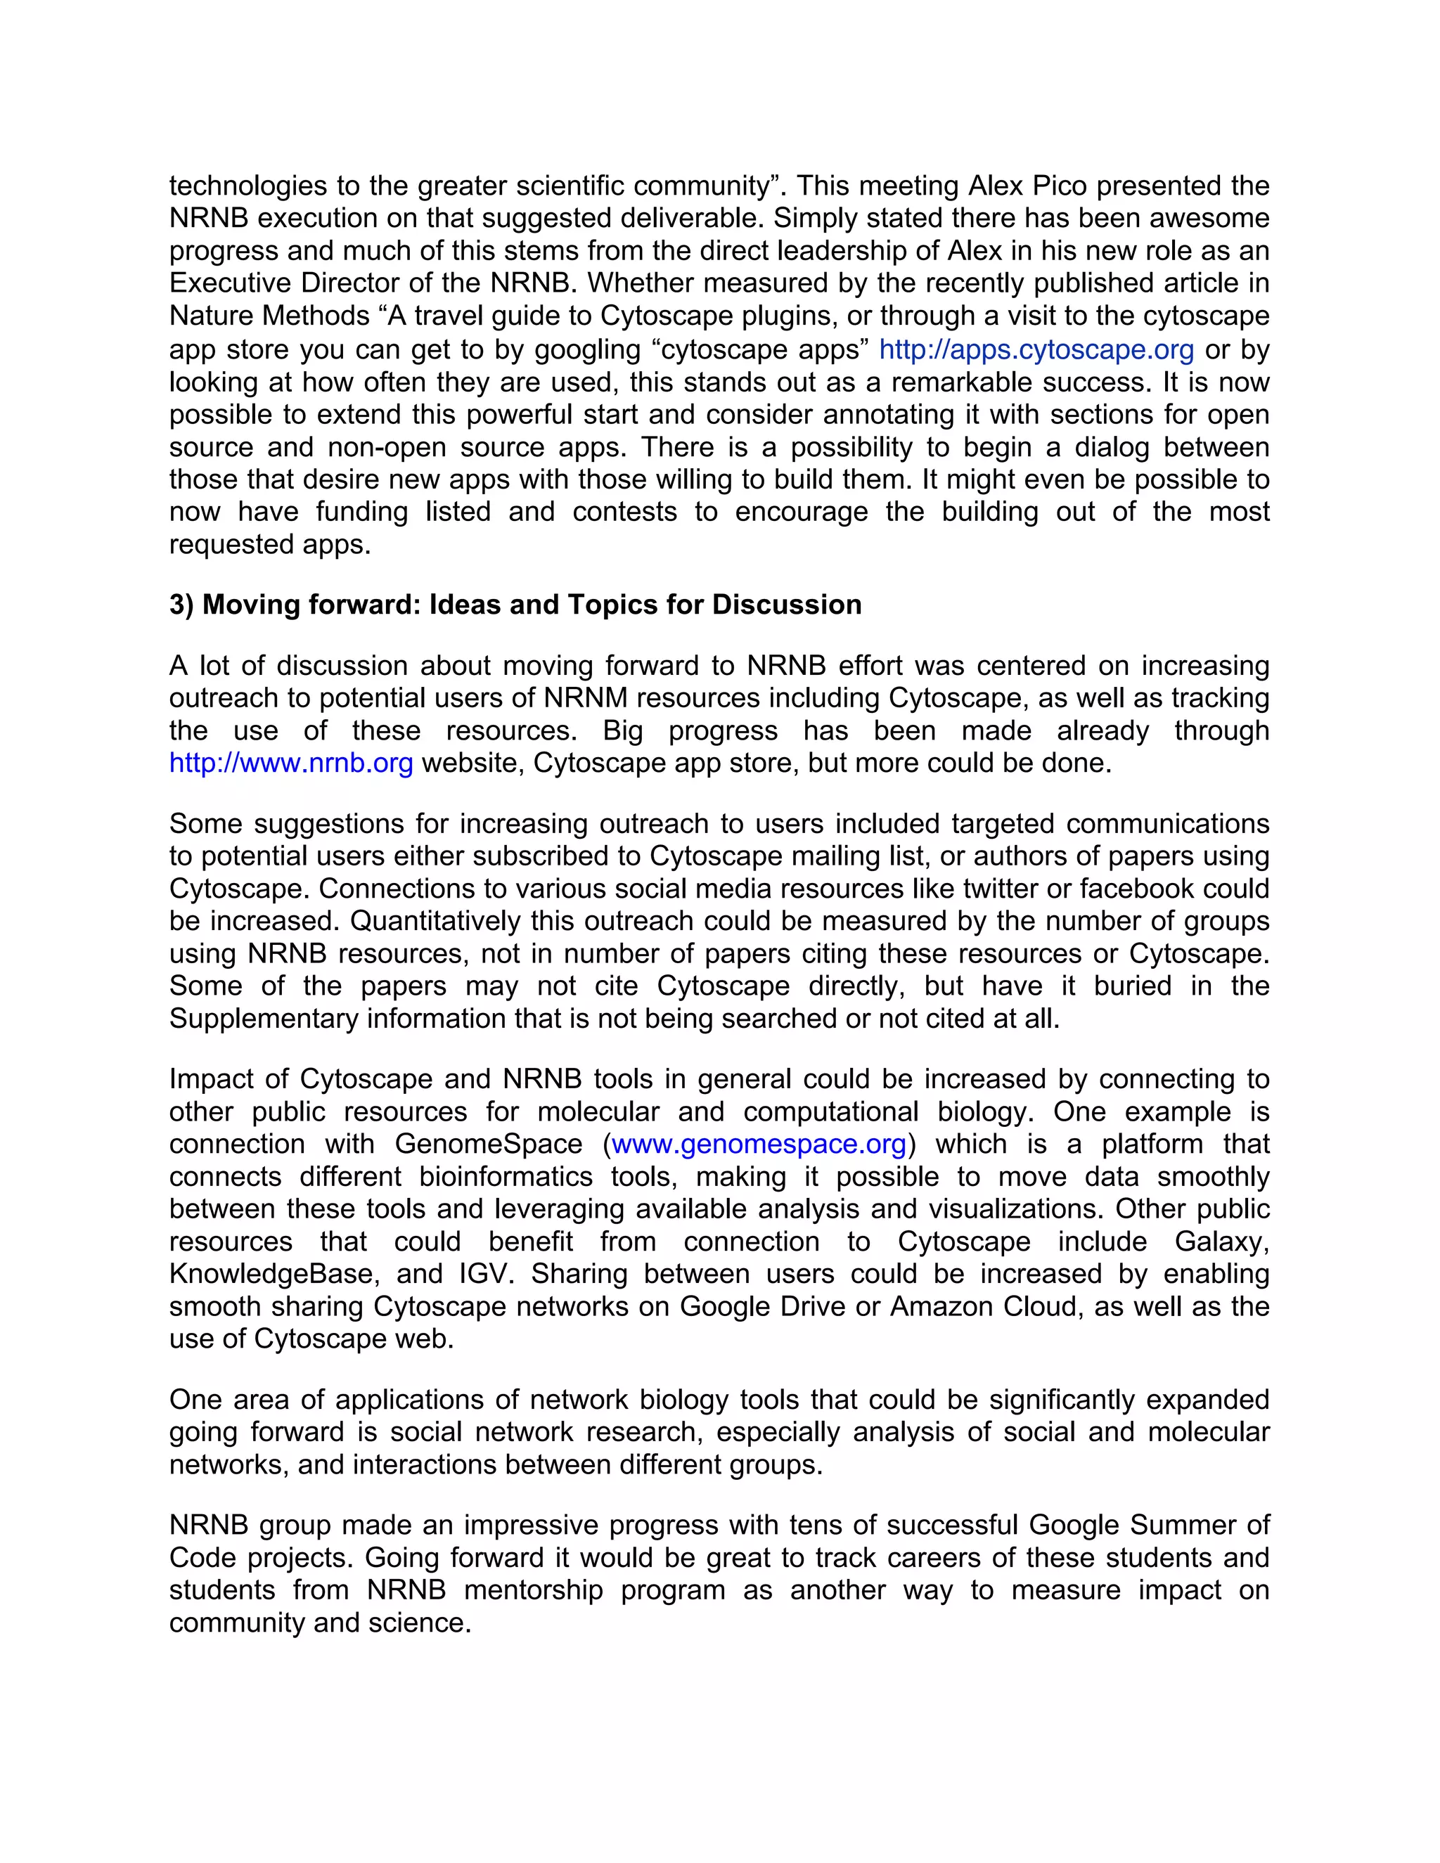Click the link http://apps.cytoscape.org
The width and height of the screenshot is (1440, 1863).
[1036, 349]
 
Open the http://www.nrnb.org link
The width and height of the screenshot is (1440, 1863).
[291, 763]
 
